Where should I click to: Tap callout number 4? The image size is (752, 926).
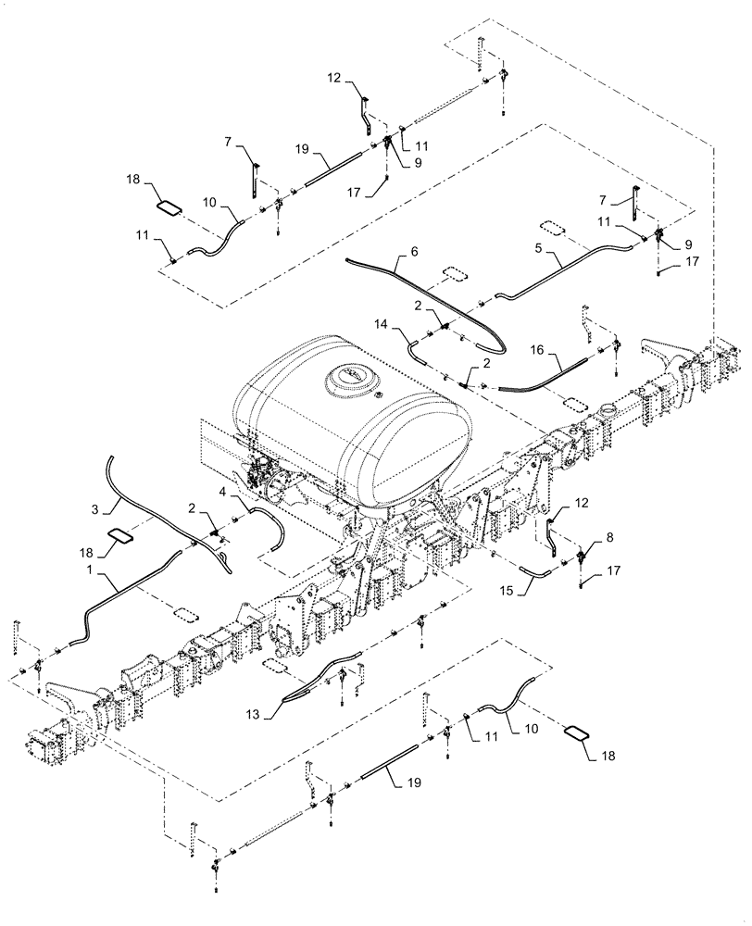point(223,490)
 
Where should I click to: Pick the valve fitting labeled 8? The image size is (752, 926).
point(583,558)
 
